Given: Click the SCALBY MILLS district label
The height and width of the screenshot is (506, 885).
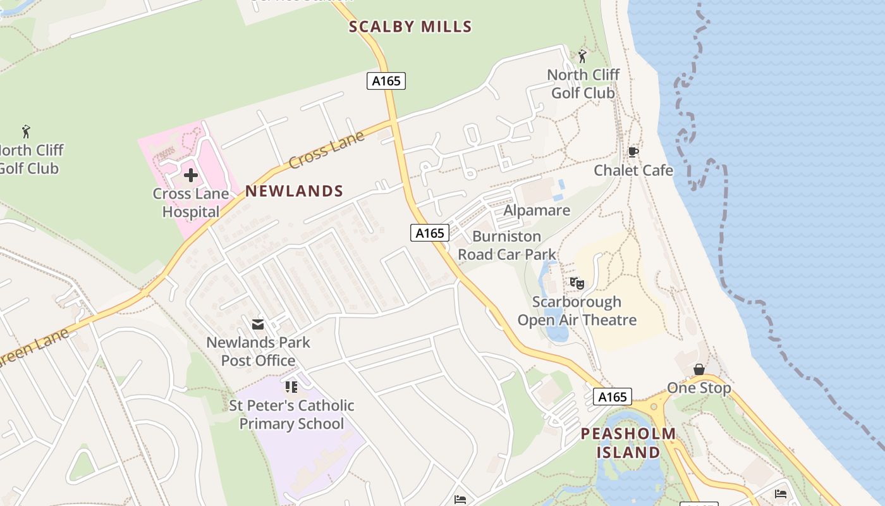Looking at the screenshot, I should click(410, 27).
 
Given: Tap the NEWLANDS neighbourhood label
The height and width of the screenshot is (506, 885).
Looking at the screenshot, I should click(294, 191).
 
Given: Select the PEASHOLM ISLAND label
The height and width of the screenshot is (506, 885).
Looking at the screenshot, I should click(628, 443).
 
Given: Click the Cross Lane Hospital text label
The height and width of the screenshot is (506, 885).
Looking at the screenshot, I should click(190, 203).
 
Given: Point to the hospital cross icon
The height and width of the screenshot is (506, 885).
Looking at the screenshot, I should click(191, 175).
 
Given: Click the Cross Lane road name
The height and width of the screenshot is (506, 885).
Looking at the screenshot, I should click(327, 149).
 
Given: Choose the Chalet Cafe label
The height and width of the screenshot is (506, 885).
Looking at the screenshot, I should click(633, 170).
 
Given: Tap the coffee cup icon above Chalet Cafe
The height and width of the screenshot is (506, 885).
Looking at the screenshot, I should click(633, 152).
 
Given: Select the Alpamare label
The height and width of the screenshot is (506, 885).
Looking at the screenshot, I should click(537, 210).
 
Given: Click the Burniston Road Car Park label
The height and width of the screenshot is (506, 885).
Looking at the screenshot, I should click(507, 245).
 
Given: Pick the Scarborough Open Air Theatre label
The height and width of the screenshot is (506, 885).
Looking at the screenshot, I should click(577, 311).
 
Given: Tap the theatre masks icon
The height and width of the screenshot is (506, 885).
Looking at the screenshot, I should click(577, 283).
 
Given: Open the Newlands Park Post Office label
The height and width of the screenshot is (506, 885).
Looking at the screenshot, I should click(258, 351).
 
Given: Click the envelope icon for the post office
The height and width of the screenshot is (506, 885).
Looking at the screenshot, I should click(258, 324).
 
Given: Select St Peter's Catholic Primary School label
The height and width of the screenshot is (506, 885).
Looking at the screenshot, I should click(291, 414).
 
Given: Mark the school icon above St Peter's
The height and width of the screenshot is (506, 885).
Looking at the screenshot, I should click(291, 386).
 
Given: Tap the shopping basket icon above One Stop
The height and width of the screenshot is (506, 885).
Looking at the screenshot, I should click(699, 369).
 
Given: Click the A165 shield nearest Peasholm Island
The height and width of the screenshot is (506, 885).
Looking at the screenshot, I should click(612, 397).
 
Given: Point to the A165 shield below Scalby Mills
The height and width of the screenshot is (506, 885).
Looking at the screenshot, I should click(386, 81).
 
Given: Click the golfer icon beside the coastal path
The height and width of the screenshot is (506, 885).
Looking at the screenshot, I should click(582, 56).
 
